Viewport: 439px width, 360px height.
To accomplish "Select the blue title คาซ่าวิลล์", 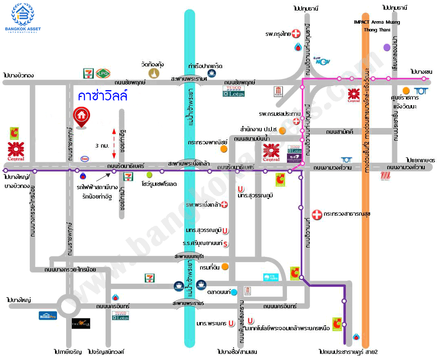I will point(103,96).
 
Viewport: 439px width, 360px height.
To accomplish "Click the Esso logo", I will point(85,159).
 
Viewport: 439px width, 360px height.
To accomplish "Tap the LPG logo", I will point(101,73).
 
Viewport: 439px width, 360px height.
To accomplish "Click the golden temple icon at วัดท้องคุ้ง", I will point(154,73).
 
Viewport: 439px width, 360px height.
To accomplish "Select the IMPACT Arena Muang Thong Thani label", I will point(377,26).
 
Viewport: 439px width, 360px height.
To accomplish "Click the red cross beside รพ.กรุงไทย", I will point(297,34).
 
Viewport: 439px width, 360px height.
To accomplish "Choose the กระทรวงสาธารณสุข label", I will point(347,214).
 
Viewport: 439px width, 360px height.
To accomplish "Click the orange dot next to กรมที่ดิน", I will point(225,267).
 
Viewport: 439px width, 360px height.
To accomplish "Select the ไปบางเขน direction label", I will point(421,71).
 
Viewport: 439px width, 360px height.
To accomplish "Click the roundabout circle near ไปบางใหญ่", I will point(68,305).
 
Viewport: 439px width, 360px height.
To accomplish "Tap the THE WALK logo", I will point(81,324).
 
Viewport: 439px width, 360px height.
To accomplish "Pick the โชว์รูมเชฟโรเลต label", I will point(159,184).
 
